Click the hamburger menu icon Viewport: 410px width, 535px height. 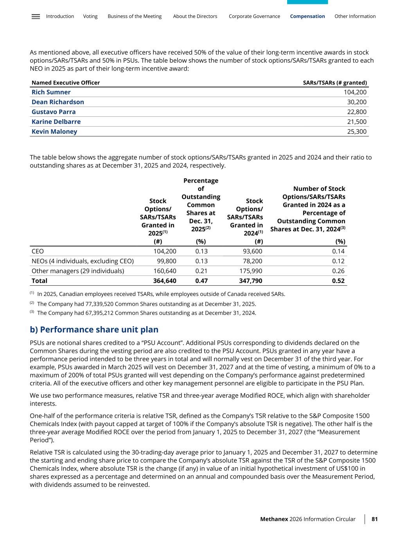(x=36, y=16)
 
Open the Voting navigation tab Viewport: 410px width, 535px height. (x=90, y=16)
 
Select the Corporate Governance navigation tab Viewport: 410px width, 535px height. (x=254, y=16)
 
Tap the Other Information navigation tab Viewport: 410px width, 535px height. (x=355, y=16)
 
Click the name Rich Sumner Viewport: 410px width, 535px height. (x=51, y=92)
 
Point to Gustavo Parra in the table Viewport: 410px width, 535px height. (x=54, y=112)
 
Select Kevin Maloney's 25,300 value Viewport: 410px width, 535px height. (x=357, y=131)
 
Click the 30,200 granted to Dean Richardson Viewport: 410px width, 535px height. (x=357, y=102)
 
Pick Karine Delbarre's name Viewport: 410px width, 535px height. (x=56, y=122)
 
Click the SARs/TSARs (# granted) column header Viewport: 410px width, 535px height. (x=335, y=83)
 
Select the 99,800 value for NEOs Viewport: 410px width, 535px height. (x=166, y=261)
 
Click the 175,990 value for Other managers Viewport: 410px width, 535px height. (x=251, y=271)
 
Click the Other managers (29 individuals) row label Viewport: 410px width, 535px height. (x=78, y=271)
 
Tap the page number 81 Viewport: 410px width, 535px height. (x=374, y=519)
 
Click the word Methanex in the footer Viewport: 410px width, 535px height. (x=274, y=519)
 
